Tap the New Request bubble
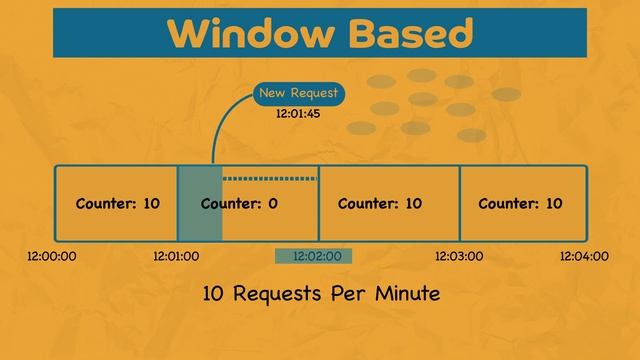tap(298, 94)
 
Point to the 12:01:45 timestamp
tap(298, 114)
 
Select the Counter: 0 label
tap(239, 204)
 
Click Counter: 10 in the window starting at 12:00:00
tap(117, 204)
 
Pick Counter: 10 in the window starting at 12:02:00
tap(380, 204)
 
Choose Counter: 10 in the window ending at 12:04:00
tap(520, 204)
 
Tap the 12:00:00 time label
tap(52, 256)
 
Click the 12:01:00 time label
tap(176, 256)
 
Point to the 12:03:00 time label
tap(459, 256)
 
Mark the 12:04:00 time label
tap(584, 256)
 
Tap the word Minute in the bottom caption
tap(402, 295)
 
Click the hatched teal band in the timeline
tap(199, 204)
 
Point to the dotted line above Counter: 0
tap(269, 179)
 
